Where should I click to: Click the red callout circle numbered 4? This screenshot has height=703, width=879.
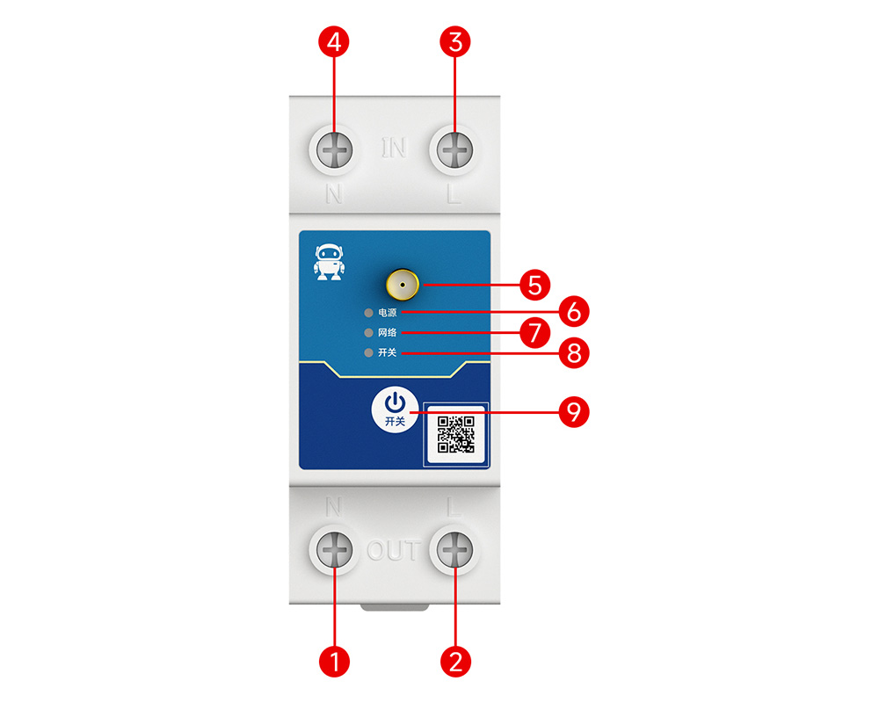(334, 42)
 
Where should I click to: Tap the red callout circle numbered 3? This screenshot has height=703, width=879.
(455, 42)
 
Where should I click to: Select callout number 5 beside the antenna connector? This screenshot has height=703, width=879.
(534, 285)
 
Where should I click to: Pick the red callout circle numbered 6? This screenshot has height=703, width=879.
(574, 311)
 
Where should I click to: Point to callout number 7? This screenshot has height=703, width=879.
(534, 332)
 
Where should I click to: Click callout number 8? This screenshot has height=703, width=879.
(574, 353)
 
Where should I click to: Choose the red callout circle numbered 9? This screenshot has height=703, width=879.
(574, 412)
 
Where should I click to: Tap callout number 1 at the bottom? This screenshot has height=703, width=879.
(334, 662)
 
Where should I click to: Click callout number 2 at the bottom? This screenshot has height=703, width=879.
(455, 662)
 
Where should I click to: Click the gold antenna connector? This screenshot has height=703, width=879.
(403, 285)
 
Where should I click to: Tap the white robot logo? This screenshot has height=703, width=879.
(329, 262)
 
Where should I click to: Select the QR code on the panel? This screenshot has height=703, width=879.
(455, 434)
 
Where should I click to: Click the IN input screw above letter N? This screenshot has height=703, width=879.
(335, 150)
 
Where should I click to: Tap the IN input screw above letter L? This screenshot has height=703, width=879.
(454, 150)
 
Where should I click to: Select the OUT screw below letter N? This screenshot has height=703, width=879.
(335, 549)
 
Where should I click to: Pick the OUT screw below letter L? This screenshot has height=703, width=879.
(454, 549)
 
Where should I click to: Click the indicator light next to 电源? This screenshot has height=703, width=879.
(368, 313)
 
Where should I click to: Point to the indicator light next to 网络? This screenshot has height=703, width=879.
(368, 333)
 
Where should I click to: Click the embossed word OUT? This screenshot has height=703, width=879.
(394, 550)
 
